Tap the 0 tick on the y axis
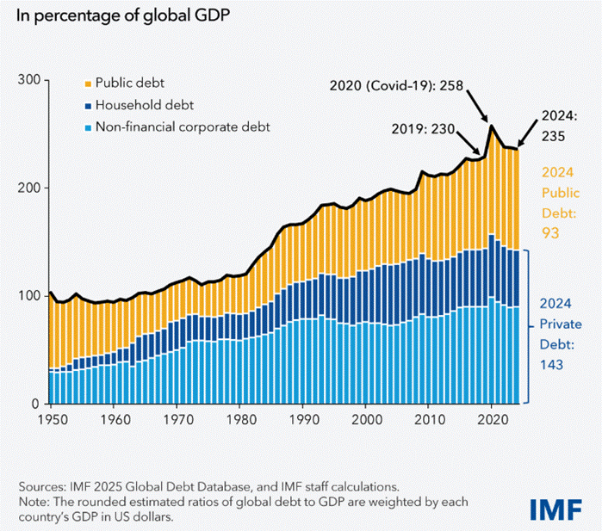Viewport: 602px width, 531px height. pyautogui.click(x=37, y=404)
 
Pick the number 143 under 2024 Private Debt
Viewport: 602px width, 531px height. pyautogui.click(x=551, y=365)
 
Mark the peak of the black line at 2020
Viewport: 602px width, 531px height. pyautogui.click(x=491, y=126)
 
